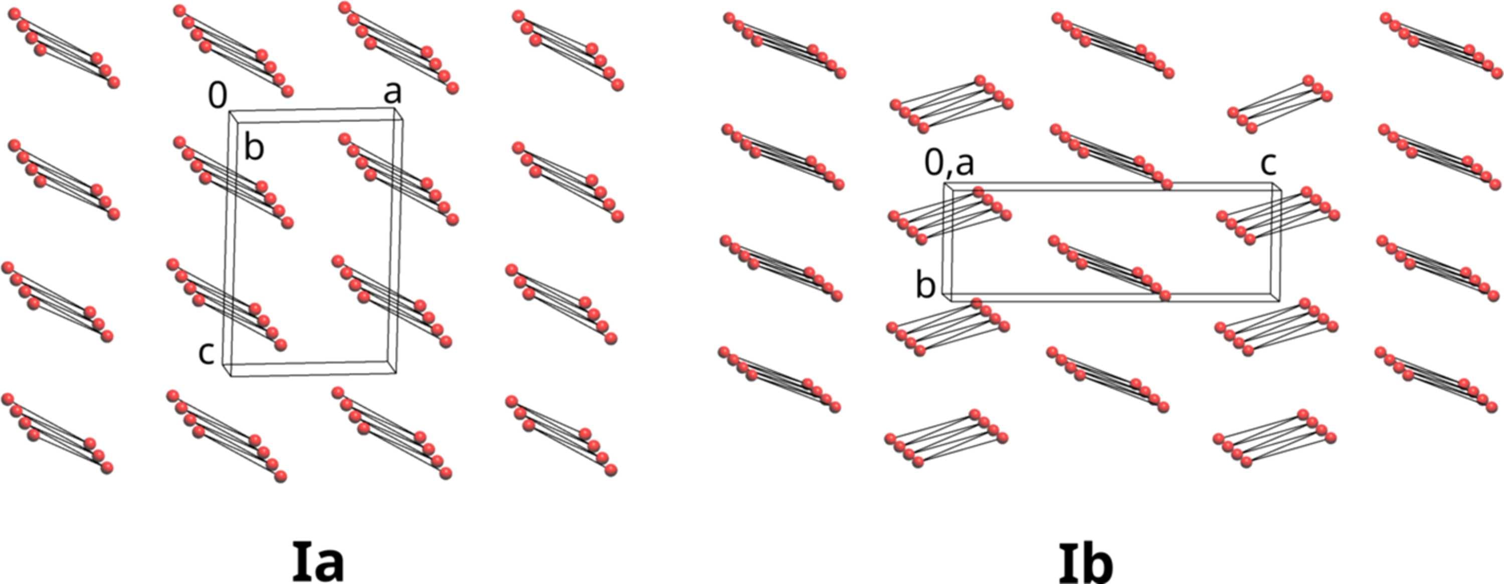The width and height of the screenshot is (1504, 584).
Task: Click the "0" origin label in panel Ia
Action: pos(218,96)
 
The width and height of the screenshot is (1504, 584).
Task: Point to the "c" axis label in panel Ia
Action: pos(206,354)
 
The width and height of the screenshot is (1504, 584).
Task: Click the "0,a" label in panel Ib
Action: pos(950,164)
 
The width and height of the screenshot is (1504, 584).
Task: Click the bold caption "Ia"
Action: pos(318,562)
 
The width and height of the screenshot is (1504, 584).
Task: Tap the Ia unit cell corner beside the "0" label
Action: pos(229,111)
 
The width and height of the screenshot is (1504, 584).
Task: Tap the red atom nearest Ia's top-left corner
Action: pos(15,15)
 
